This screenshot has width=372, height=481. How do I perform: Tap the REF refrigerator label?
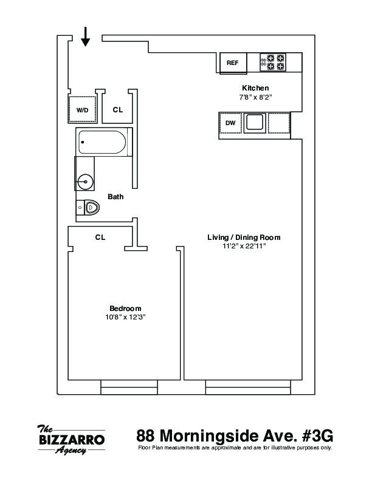(x=233, y=63)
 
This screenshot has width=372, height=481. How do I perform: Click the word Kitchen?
(x=255, y=88)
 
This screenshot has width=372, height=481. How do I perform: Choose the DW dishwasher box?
(x=230, y=123)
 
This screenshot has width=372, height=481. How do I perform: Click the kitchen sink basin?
(x=254, y=123)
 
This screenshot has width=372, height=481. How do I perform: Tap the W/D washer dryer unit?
(x=82, y=110)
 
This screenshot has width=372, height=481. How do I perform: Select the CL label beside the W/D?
(x=118, y=110)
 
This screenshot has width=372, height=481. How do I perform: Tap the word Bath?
(x=115, y=197)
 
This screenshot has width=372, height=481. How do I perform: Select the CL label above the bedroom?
(x=100, y=237)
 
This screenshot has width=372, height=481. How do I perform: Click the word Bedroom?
(x=125, y=308)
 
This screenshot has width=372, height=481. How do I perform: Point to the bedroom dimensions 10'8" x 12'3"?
(x=125, y=317)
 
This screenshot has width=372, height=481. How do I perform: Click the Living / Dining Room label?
(x=244, y=237)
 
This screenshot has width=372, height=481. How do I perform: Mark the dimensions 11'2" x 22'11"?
(x=244, y=246)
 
